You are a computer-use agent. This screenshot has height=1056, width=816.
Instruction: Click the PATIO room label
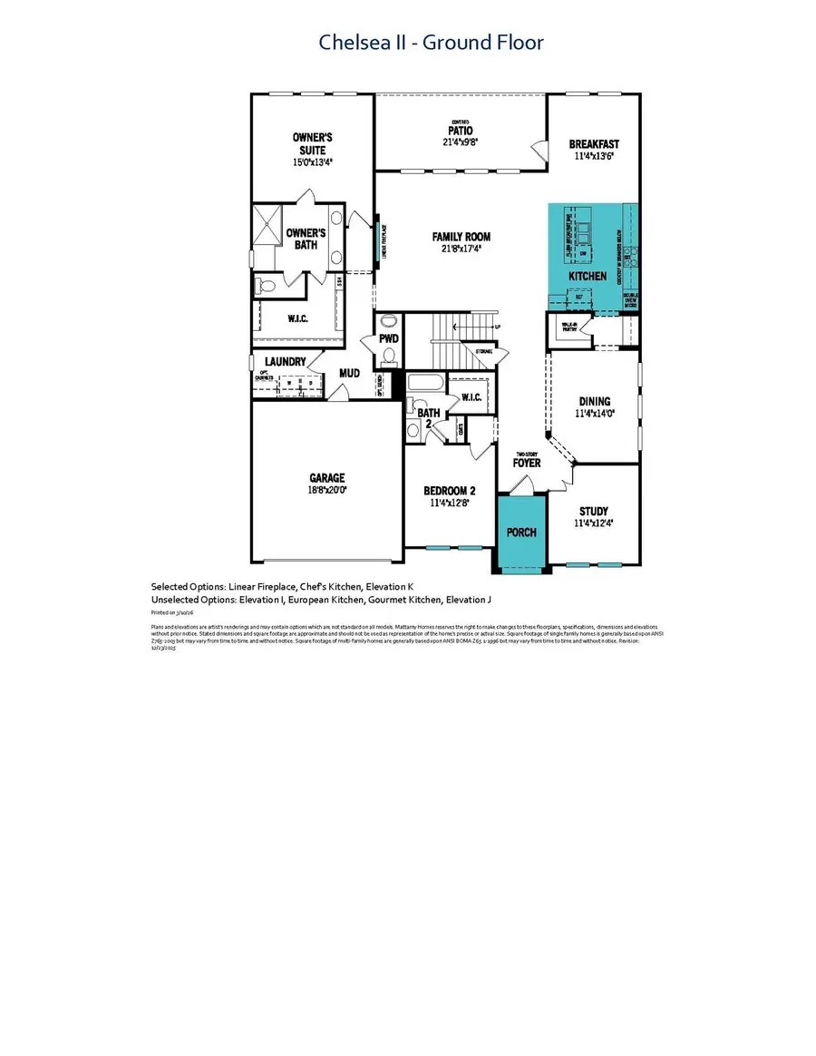(460, 132)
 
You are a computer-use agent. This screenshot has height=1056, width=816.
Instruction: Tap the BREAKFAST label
(594, 144)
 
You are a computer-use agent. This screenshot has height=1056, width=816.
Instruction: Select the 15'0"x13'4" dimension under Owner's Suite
(309, 162)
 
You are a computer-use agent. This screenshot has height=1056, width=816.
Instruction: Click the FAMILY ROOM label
(460, 237)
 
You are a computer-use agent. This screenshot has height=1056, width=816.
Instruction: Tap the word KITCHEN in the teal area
(587, 275)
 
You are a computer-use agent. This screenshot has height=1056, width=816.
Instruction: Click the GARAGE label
(325, 478)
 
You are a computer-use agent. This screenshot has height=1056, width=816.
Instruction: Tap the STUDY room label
(594, 511)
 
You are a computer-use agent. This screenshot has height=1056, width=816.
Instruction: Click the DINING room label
(595, 401)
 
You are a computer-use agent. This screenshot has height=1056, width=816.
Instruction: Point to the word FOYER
(527, 463)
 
